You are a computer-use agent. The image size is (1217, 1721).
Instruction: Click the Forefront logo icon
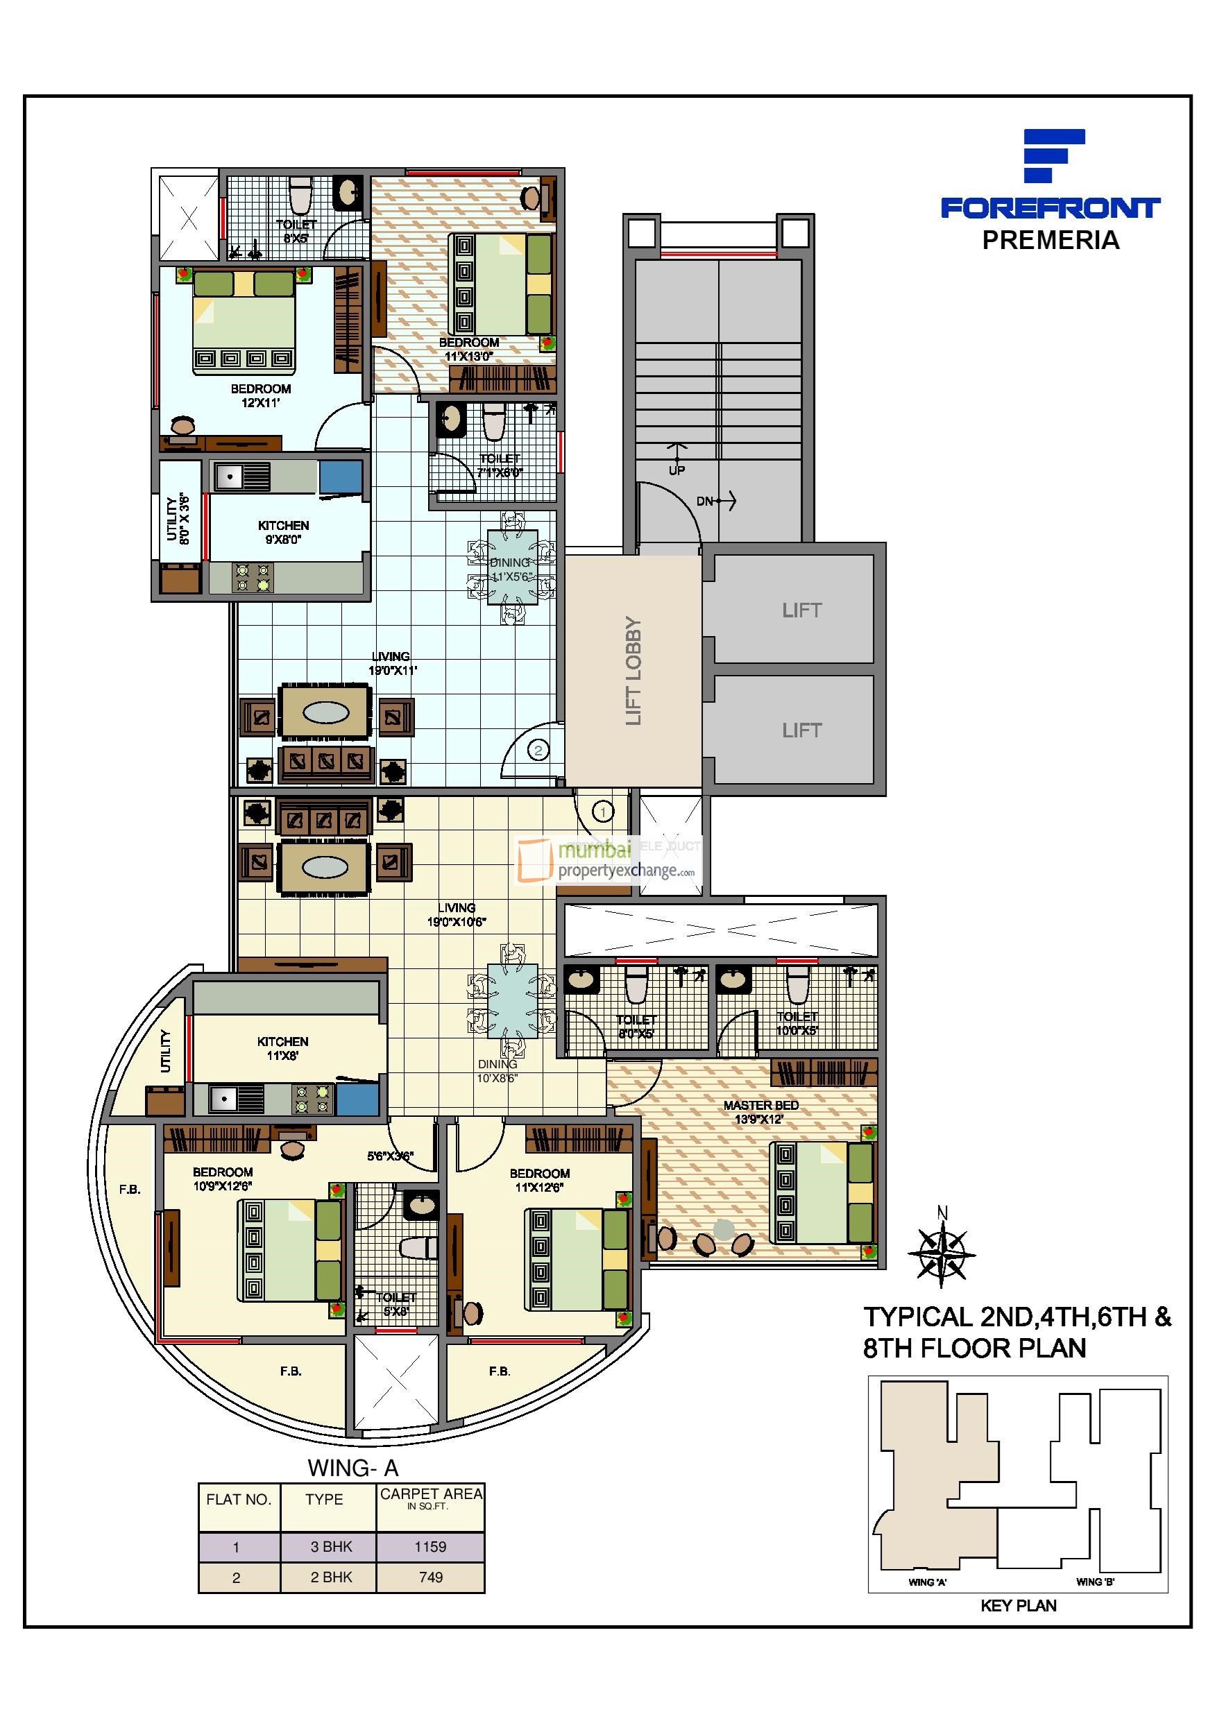1053,155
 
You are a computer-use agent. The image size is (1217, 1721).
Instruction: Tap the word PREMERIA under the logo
1050,241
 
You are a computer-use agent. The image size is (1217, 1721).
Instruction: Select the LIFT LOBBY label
633,671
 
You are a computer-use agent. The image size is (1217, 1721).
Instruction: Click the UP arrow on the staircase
677,453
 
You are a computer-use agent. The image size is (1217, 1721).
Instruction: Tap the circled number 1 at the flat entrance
602,811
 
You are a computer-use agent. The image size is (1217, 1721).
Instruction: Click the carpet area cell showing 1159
430,1546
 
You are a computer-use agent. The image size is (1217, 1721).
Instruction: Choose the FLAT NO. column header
239,1499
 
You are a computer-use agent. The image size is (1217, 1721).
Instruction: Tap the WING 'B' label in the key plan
1095,1582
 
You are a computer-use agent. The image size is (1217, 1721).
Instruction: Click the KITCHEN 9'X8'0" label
284,532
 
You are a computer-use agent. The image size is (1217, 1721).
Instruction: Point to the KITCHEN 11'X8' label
282,1048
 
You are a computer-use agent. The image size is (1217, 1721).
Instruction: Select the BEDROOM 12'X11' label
260,395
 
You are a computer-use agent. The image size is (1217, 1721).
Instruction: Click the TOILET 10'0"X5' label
797,1023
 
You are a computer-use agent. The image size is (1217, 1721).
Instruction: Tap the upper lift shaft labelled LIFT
801,610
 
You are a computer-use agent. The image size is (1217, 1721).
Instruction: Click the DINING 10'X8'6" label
497,1071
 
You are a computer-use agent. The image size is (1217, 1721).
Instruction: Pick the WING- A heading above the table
353,1468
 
